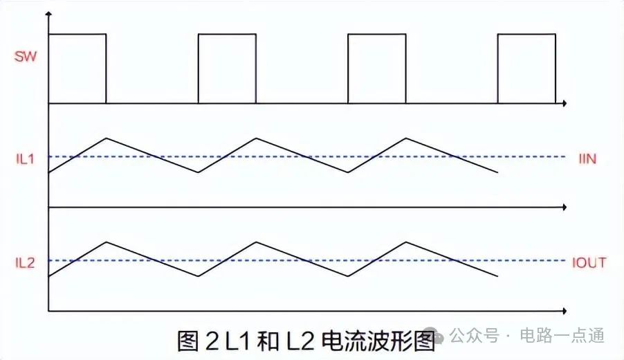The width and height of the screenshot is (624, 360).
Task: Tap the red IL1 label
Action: [x=26, y=158]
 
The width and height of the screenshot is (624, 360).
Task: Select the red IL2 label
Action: [x=26, y=262]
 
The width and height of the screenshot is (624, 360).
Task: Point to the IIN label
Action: [x=587, y=159]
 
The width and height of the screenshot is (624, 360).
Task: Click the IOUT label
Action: [x=589, y=262]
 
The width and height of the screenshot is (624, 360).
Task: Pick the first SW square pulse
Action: [x=77, y=68]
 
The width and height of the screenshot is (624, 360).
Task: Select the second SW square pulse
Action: [x=227, y=68]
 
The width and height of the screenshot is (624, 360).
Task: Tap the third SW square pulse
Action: [x=376, y=68]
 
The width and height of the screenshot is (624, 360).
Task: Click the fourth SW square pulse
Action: [x=526, y=68]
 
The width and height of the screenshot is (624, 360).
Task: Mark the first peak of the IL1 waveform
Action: [x=107, y=138]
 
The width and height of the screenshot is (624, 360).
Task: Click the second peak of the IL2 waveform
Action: [x=257, y=242]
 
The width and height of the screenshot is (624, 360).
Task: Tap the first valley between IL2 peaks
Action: [x=199, y=276]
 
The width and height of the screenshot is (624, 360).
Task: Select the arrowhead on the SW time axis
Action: [x=565, y=103]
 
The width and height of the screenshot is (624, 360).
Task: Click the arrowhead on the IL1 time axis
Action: [x=565, y=207]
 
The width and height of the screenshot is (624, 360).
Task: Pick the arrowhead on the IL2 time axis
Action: [x=565, y=310]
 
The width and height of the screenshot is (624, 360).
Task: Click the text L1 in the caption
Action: [x=237, y=341]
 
